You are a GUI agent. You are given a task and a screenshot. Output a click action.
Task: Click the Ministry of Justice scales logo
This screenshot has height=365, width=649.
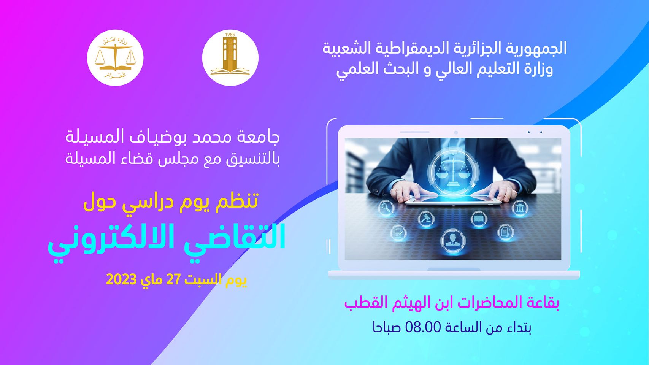[115, 58]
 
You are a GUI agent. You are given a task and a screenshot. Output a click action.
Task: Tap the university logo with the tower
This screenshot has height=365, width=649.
[230, 58]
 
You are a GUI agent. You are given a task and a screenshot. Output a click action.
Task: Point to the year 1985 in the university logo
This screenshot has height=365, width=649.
[230, 35]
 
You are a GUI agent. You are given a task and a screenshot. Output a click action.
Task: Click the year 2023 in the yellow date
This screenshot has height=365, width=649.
[121, 280]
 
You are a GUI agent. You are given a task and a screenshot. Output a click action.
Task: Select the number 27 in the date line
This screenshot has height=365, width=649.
[173, 280]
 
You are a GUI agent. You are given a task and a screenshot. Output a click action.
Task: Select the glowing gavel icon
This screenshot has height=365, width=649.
[426, 219]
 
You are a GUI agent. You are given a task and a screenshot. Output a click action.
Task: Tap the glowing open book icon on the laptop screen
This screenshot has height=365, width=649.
[479, 219]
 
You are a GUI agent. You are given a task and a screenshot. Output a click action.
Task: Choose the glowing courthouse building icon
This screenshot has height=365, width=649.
[520, 208]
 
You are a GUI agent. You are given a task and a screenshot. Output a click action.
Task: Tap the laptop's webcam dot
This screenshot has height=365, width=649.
[456, 132]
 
